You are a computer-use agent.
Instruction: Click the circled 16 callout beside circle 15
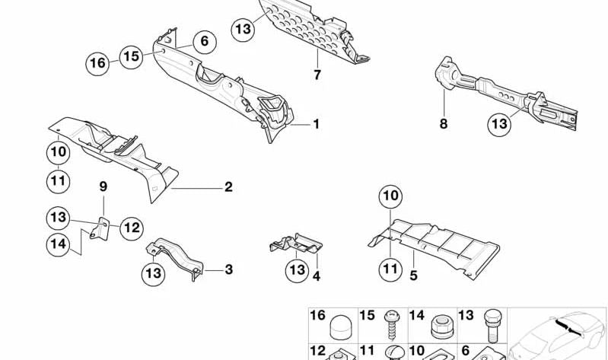coord(97,63)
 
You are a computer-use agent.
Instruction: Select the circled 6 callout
coord(204,42)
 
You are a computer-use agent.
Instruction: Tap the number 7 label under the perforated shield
coord(317,75)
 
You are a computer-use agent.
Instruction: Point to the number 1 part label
coord(317,124)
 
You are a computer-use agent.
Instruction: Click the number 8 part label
coord(444,124)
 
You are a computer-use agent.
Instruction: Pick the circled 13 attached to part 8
coord(499,124)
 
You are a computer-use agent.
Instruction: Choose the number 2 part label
coord(228,187)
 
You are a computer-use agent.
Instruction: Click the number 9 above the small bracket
coord(103,187)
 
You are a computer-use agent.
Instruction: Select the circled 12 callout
coord(131,228)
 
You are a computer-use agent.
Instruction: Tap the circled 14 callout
coord(58,244)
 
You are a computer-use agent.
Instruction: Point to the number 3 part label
coord(229,269)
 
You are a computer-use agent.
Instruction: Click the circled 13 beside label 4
coord(298,270)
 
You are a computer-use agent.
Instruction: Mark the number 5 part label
coord(413,276)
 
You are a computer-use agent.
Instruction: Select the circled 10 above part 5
coord(390,196)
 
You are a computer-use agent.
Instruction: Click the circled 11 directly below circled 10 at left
coord(58,182)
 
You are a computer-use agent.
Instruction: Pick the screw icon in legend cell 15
coord(390,326)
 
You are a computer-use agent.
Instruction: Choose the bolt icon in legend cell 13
coord(492,327)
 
